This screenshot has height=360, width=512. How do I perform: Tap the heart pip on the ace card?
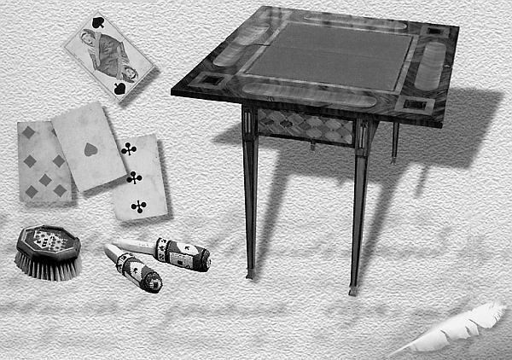click(x=90, y=149)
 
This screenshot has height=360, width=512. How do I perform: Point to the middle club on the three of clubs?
click(x=134, y=177)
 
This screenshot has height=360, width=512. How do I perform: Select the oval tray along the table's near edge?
click(x=308, y=93)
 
